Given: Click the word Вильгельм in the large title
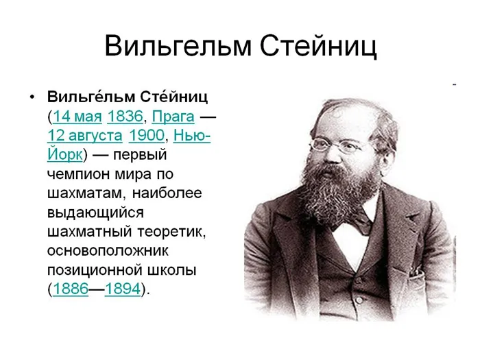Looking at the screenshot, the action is click(x=178, y=46).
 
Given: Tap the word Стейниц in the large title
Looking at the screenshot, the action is click(x=318, y=47).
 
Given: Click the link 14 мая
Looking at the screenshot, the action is click(x=77, y=117).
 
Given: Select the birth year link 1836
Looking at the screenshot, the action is click(x=125, y=117).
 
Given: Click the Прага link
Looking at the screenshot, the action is click(x=173, y=117).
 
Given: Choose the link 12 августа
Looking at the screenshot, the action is click(x=85, y=136).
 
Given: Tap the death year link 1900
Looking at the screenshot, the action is click(x=146, y=135).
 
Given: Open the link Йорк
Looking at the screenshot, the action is click(x=65, y=154).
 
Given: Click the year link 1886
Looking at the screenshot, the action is click(x=71, y=289).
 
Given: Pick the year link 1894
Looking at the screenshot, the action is click(x=123, y=289).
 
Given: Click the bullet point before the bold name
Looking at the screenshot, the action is click(x=32, y=97).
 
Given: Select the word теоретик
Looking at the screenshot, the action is click(x=171, y=232).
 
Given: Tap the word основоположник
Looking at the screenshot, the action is click(x=108, y=251).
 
